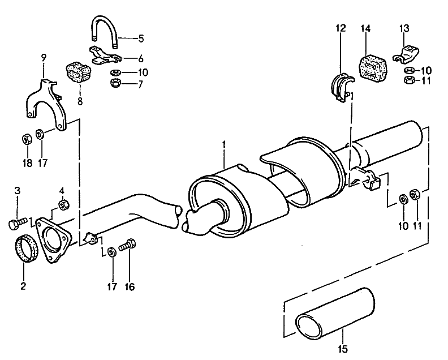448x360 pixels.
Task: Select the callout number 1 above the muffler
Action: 224,145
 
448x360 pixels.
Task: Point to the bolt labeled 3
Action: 63,204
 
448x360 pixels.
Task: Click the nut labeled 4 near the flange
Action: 63,204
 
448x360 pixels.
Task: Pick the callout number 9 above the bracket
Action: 44,57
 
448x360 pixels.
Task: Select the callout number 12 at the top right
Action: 340,28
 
